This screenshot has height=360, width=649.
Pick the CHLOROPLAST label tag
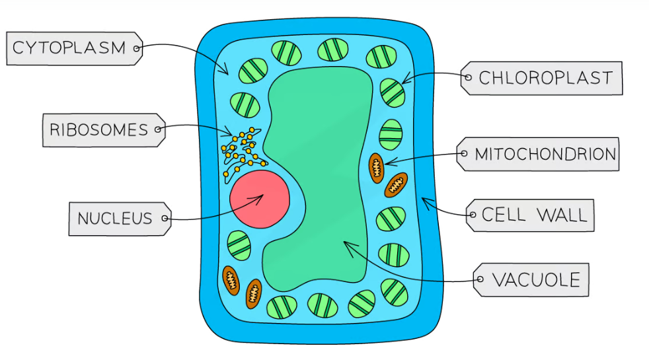[x=542, y=78]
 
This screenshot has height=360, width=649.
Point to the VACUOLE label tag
[x=532, y=279]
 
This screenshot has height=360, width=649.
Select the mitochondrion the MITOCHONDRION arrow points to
[x=376, y=167]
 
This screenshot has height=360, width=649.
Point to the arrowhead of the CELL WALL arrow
[x=424, y=200]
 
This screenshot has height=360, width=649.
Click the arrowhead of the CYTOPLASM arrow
[x=227, y=73]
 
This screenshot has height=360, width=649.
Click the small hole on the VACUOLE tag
[x=480, y=280]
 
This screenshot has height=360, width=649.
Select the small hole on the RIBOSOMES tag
[x=157, y=129]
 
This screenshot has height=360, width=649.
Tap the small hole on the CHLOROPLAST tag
[x=468, y=78]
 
